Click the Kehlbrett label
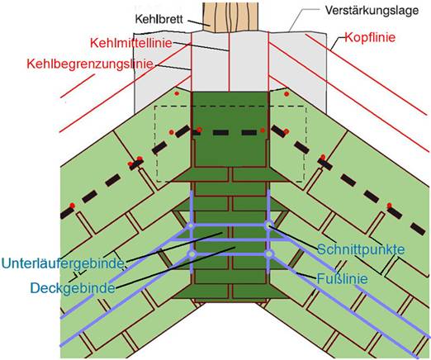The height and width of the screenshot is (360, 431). point(159,19)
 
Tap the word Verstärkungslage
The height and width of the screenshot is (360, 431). point(372,11)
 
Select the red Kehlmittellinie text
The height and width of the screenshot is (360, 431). point(131,43)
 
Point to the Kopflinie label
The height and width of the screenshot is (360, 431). point(370,37)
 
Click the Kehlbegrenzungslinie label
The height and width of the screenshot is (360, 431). point(90,64)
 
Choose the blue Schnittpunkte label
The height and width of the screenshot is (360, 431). point(361,249)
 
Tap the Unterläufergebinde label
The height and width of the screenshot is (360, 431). point(63,263)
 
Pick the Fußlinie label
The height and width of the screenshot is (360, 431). point(342,278)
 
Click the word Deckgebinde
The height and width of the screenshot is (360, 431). point(73,288)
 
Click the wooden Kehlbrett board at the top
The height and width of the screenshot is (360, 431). point(230,17)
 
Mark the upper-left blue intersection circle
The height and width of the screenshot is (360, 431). point(191,226)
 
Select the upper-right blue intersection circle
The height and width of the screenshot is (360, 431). point(269,225)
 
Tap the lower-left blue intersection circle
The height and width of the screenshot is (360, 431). point(192,253)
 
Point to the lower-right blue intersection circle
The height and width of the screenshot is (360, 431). point(269,254)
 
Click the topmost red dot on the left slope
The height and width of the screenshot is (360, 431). point(177,93)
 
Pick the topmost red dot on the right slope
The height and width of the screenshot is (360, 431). point(287,94)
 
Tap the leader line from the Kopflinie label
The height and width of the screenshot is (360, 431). point(338,44)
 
